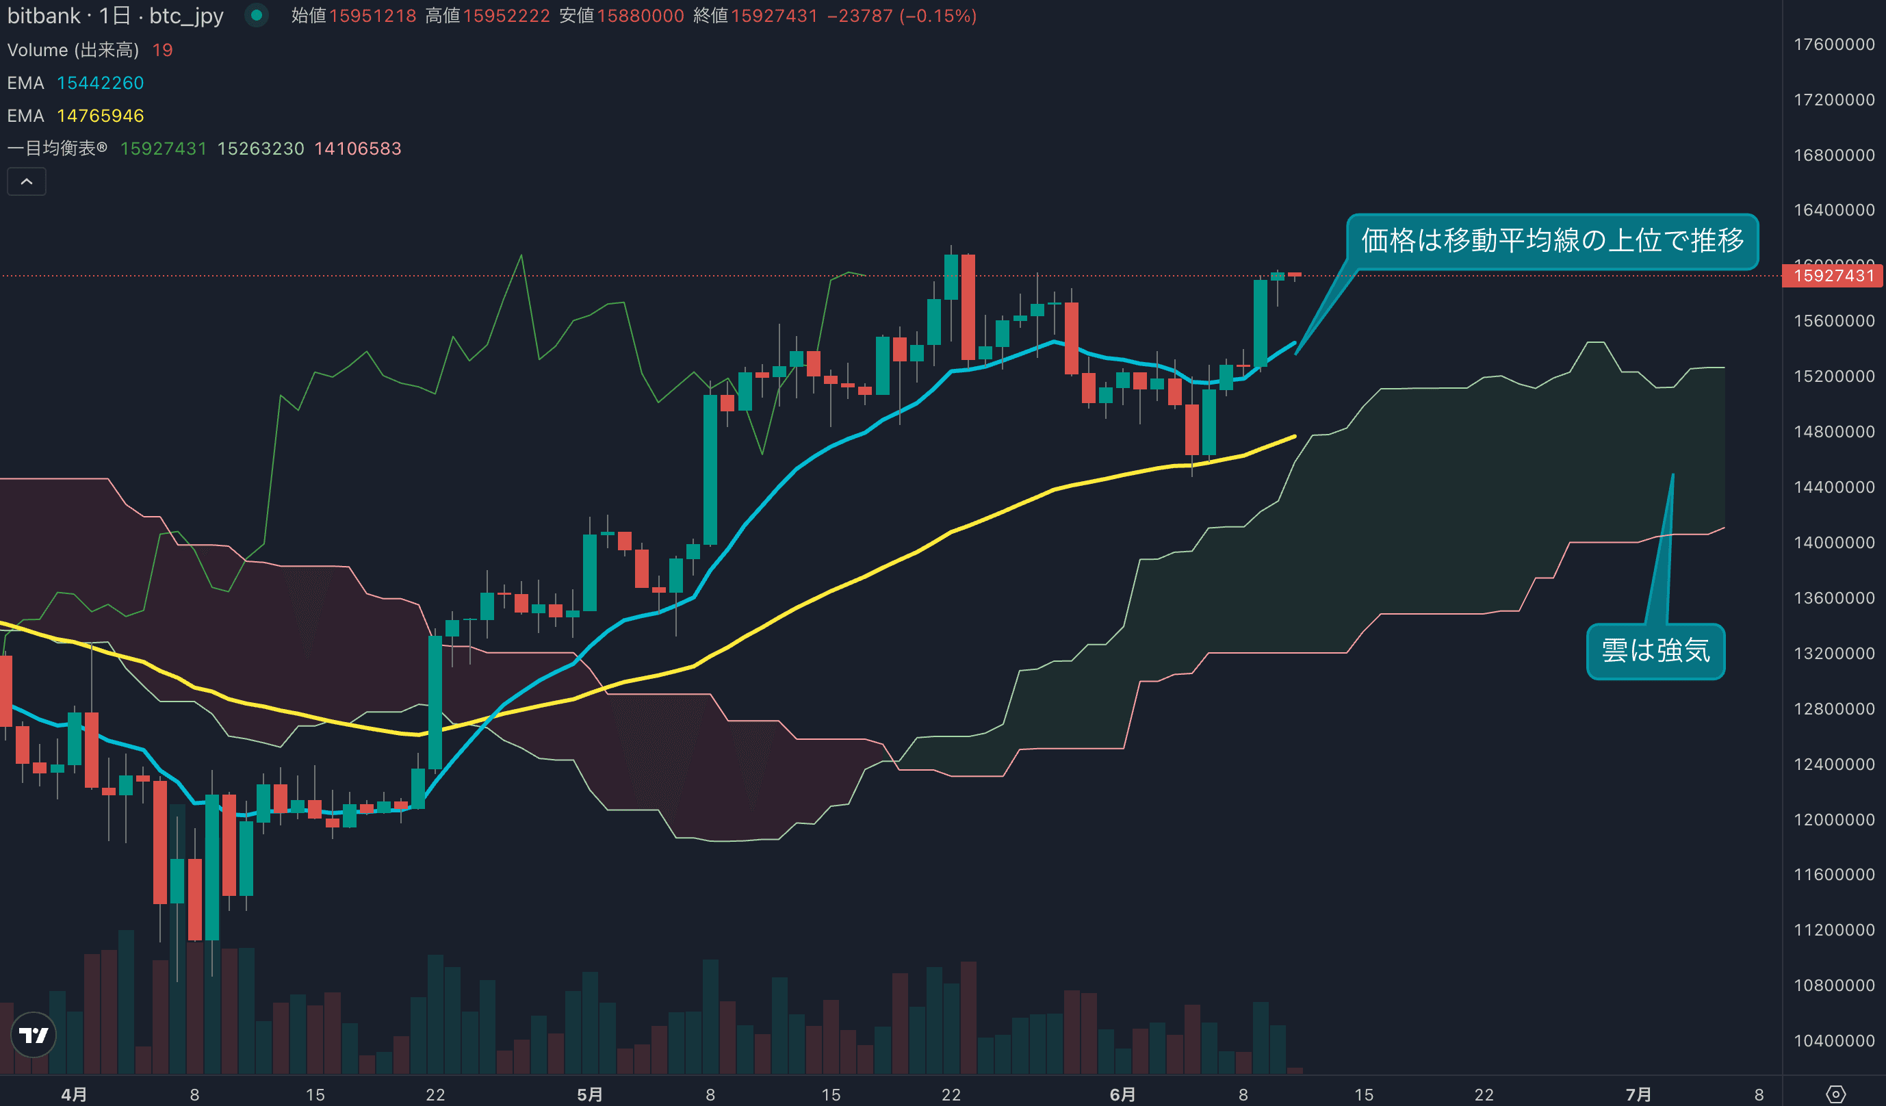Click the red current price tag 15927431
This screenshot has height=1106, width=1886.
point(1833,276)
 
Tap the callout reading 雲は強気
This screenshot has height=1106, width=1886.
point(1655,651)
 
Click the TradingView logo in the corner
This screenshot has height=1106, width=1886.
point(34,1035)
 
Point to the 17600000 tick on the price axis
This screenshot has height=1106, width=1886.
point(1833,45)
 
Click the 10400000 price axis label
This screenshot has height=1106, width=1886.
point(1833,1041)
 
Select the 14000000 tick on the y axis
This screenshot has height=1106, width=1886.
point(1833,543)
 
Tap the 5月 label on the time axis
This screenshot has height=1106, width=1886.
point(590,1095)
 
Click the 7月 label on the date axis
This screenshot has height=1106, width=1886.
point(1638,1095)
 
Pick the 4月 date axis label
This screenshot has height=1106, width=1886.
point(73,1095)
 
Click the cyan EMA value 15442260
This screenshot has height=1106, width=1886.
point(101,83)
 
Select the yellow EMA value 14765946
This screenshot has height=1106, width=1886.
point(101,116)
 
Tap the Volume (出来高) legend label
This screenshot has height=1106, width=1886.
point(73,50)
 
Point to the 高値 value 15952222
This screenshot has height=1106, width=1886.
point(506,16)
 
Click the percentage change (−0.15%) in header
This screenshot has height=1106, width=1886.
point(938,16)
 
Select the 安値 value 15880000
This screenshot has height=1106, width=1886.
point(641,16)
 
